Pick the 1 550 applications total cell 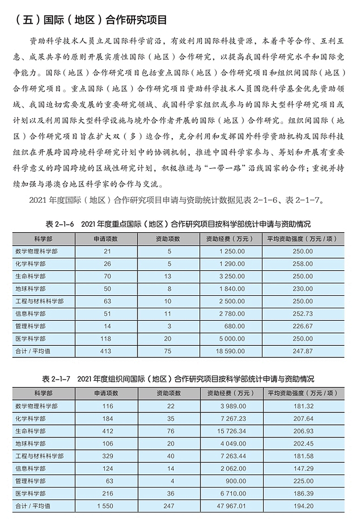(105, 506)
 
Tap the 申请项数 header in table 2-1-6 (105, 239)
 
